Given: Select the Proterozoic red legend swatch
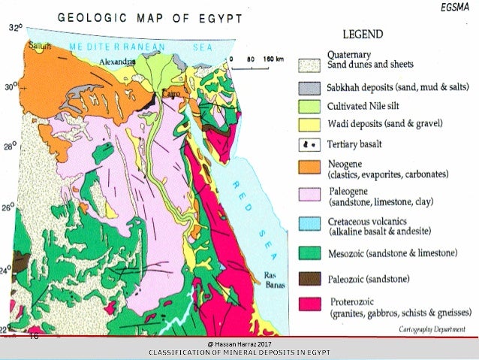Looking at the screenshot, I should click(x=309, y=307).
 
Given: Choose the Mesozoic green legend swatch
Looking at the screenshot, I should click(x=309, y=253).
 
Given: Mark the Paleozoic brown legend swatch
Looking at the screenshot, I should click(x=309, y=280).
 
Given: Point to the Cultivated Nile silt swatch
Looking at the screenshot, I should click(x=309, y=105).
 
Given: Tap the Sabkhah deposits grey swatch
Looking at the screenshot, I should click(x=309, y=86).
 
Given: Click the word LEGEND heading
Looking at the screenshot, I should click(x=364, y=35).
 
